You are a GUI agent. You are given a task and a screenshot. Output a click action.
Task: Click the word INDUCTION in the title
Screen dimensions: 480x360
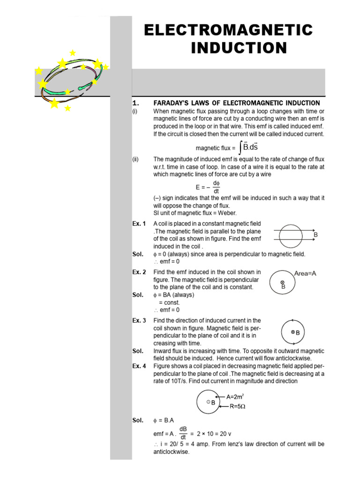pyautogui.click(x=239, y=48)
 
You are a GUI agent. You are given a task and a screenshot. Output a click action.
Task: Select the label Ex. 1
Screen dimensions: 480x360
pyautogui.click(x=139, y=223)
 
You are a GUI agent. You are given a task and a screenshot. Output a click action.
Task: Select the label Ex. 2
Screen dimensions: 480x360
pyautogui.click(x=139, y=272)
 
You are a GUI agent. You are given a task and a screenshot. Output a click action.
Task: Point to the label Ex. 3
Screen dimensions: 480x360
pyautogui.click(x=139, y=321)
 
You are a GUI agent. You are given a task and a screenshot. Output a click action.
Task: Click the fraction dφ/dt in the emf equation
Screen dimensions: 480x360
pyautogui.click(x=216, y=187)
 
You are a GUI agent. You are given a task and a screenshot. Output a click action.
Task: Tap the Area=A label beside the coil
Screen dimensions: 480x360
pyautogui.click(x=305, y=273)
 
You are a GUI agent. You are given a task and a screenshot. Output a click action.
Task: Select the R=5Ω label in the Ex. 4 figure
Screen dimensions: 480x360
pyautogui.click(x=238, y=406)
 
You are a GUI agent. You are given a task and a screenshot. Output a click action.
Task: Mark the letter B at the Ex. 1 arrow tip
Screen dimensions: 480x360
pyautogui.click(x=315, y=234)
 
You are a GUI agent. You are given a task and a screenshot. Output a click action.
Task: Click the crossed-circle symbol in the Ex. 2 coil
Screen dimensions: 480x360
pyautogui.click(x=283, y=282)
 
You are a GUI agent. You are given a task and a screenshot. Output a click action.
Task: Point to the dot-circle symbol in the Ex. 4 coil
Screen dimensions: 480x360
pyautogui.click(x=208, y=402)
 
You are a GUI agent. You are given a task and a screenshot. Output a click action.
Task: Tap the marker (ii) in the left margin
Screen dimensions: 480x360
pyautogui.click(x=135, y=159)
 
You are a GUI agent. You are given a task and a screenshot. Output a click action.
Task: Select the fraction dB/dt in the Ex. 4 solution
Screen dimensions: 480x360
pyautogui.click(x=183, y=433)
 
